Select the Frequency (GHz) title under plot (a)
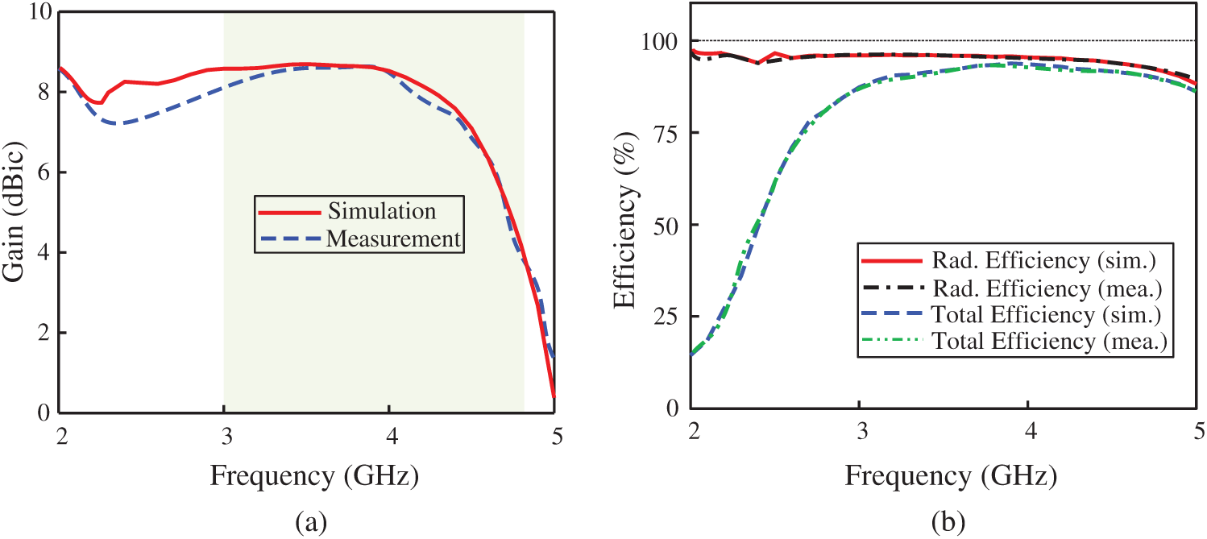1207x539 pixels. coord(314,476)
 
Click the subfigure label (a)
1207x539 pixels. coord(312,522)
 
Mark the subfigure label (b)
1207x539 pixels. coord(948,522)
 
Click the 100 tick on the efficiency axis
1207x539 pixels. coord(660,41)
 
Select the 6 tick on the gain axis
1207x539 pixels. coord(44,172)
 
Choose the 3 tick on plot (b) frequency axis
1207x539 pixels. coord(861,432)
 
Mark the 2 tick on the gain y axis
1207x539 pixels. coord(44,332)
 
